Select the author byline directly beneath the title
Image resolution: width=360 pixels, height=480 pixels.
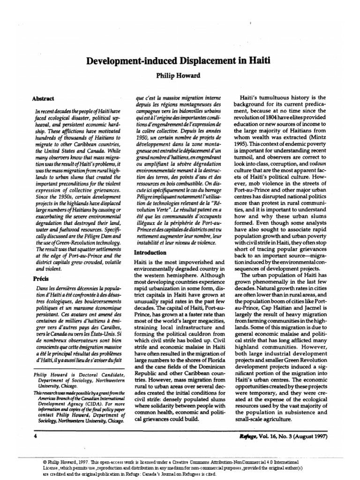(180, 75)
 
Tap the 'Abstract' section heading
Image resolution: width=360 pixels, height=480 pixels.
(43, 99)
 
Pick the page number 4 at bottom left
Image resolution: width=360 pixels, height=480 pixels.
(35, 435)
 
